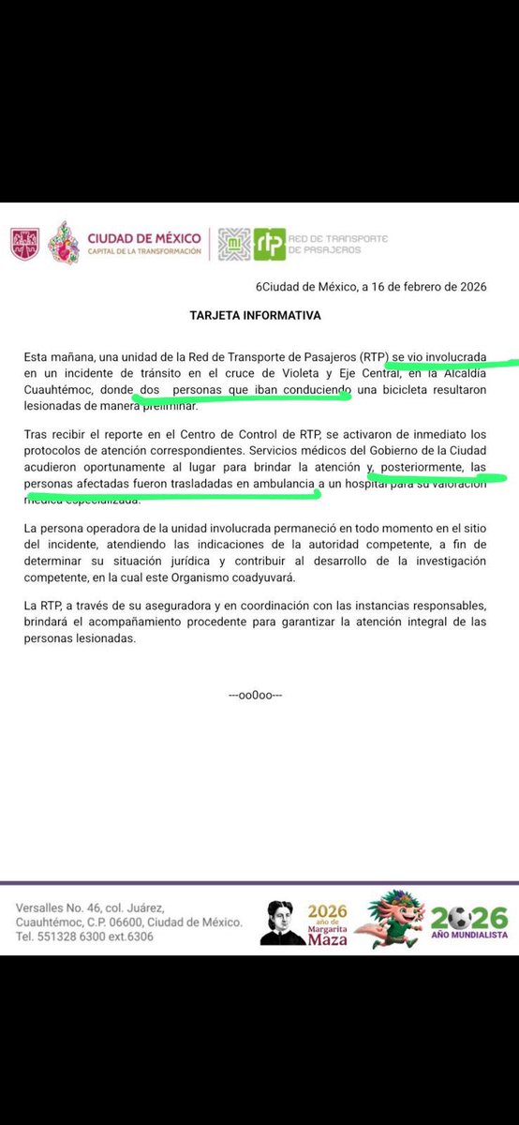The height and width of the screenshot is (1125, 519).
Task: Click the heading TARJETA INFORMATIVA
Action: pyautogui.click(x=255, y=316)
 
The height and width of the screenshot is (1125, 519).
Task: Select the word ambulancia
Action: pyautogui.click(x=283, y=483)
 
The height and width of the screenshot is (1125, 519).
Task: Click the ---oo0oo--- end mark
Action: pyautogui.click(x=255, y=695)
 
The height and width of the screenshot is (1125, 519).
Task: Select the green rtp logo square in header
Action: pyautogui.click(x=270, y=244)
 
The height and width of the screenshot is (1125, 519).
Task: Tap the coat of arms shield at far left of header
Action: pyautogui.click(x=25, y=245)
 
